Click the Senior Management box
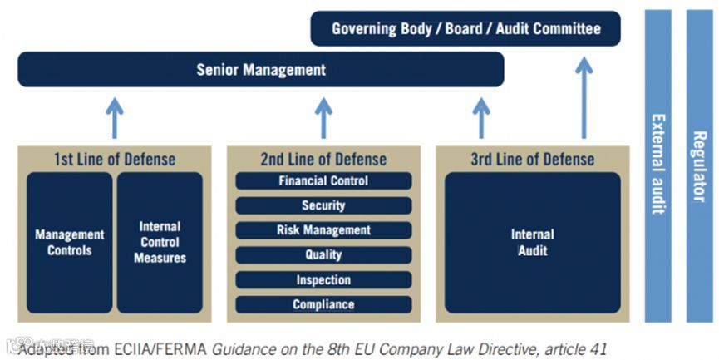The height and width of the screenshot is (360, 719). pyautogui.click(x=261, y=70)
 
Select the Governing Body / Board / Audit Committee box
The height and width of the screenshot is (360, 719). pyautogui.click(x=465, y=29)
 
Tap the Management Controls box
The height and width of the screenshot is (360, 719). pyautogui.click(x=70, y=242)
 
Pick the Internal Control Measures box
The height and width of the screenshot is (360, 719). pyautogui.click(x=160, y=242)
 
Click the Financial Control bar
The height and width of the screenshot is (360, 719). pyautogui.click(x=323, y=181)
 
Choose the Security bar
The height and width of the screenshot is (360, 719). pyautogui.click(x=323, y=205)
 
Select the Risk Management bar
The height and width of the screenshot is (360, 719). pyautogui.click(x=323, y=230)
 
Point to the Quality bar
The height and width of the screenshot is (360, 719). pyautogui.click(x=323, y=255)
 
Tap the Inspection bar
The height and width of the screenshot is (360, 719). pyautogui.click(x=323, y=280)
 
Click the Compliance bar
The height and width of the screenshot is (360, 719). pyautogui.click(x=323, y=304)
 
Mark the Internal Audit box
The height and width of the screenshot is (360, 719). pyautogui.click(x=532, y=242)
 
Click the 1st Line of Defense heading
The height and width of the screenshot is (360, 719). pyautogui.click(x=115, y=159)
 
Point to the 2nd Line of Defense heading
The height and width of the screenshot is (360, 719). pyautogui.click(x=324, y=159)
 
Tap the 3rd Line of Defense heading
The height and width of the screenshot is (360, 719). pyautogui.click(x=533, y=159)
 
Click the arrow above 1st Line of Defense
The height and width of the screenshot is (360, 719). pyautogui.click(x=115, y=117)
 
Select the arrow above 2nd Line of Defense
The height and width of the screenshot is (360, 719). pyautogui.click(x=324, y=117)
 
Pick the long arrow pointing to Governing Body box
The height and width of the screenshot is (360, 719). pyautogui.click(x=584, y=96)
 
